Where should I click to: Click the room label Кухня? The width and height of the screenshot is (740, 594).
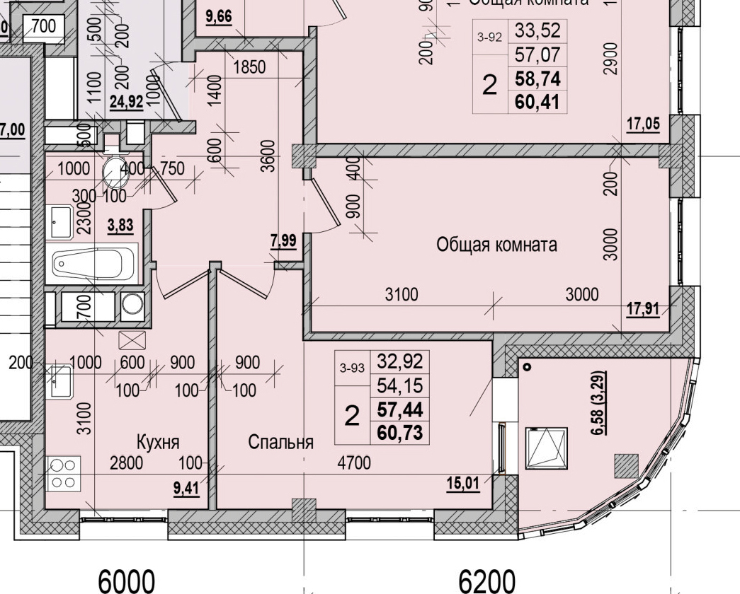tap(159, 442)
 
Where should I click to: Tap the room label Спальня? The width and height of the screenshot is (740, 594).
tap(280, 442)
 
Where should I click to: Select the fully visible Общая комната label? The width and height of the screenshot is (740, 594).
tap(496, 245)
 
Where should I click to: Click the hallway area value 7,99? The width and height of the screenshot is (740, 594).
tap(283, 240)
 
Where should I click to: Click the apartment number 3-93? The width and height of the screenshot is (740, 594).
tap(352, 368)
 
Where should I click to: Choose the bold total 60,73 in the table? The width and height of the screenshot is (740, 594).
tap(400, 431)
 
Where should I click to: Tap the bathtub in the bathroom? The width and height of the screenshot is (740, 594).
tap(93, 264)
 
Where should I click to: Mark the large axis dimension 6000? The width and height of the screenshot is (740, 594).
tap(126, 581)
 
